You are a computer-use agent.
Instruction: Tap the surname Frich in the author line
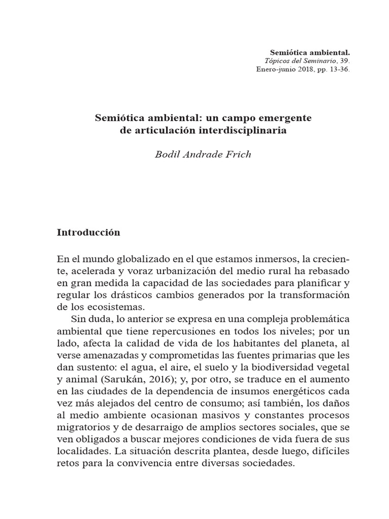237,154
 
